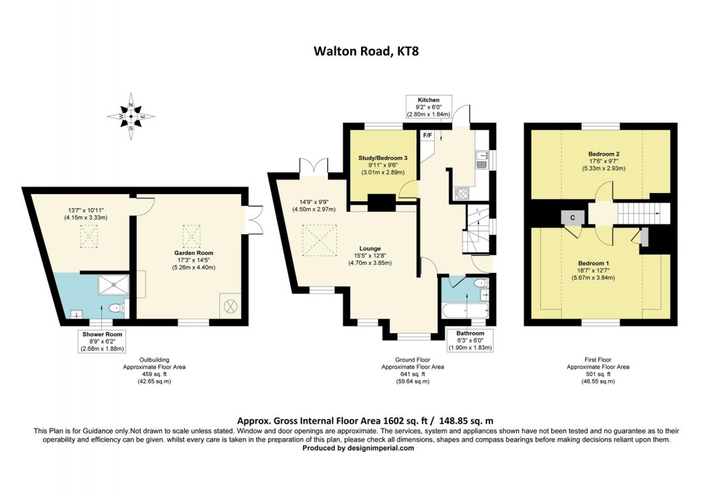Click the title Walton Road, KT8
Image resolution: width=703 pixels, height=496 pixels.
point(351,50)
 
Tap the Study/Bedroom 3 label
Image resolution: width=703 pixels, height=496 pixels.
point(383,158)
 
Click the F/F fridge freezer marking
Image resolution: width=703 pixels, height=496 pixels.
point(427,135)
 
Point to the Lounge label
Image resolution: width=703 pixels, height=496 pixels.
point(370,249)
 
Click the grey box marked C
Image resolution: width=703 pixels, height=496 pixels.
point(572,217)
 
